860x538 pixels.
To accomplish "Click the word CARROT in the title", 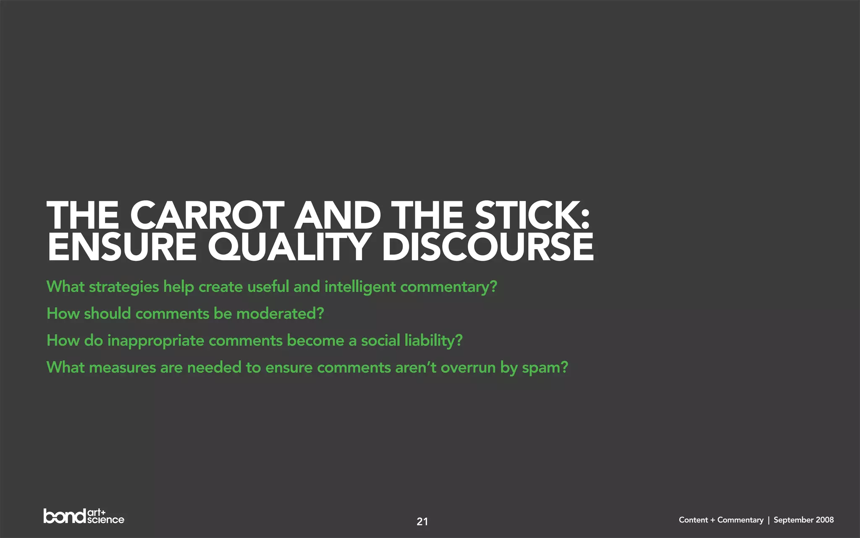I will coord(207,215).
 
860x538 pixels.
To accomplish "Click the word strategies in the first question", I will coord(124,287).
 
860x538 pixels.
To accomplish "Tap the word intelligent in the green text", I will coord(360,287).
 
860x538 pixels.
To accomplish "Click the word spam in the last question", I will coord(544,368).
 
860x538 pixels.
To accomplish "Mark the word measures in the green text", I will coord(123,368).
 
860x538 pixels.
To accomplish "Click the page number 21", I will coord(422,522).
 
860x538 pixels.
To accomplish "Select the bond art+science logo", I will coord(84,517).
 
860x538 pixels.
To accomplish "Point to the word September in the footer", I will coord(793,520).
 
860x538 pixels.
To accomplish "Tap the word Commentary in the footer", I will coord(740,520).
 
